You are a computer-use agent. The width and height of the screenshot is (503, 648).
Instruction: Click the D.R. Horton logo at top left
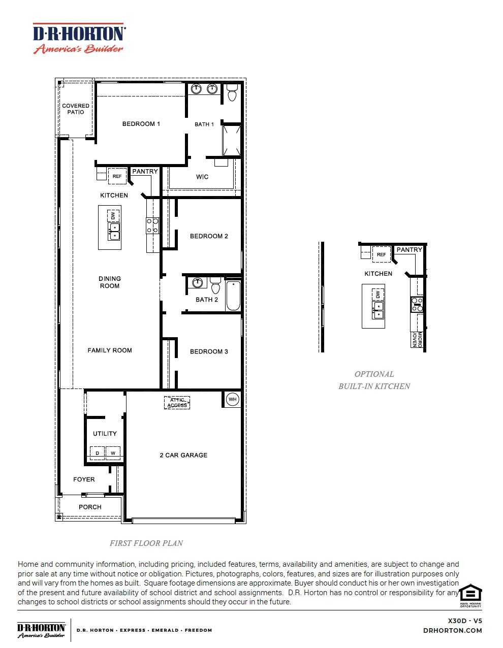click(x=79, y=39)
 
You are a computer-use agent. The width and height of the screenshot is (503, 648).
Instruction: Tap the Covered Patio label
click(x=76, y=109)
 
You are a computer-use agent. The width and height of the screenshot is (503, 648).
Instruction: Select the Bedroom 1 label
click(x=141, y=124)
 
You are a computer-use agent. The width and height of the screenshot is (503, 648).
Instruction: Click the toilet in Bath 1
click(x=232, y=93)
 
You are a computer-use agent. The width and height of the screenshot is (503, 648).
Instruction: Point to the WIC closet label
click(x=202, y=177)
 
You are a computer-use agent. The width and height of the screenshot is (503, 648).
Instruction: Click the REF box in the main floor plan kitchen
click(x=117, y=176)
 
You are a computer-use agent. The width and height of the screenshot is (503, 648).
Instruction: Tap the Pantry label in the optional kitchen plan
click(x=409, y=250)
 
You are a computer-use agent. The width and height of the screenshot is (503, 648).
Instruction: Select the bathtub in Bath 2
click(x=233, y=296)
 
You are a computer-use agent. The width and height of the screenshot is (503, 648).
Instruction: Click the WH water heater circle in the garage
click(x=232, y=399)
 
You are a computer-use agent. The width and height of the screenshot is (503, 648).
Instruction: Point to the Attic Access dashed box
click(x=177, y=403)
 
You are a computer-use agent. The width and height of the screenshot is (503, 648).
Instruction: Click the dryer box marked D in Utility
click(x=97, y=453)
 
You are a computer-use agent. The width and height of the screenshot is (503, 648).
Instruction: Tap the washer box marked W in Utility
click(x=113, y=453)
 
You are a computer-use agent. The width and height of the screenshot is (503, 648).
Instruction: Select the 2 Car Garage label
click(x=183, y=456)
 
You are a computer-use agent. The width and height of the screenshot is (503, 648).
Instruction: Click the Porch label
click(x=90, y=507)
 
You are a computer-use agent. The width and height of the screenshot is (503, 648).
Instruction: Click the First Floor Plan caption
click(x=146, y=543)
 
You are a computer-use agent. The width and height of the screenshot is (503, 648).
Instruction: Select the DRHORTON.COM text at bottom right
click(x=452, y=631)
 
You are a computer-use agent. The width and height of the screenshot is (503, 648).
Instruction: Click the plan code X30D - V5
click(x=465, y=621)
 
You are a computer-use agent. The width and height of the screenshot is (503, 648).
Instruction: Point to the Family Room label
click(x=110, y=350)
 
